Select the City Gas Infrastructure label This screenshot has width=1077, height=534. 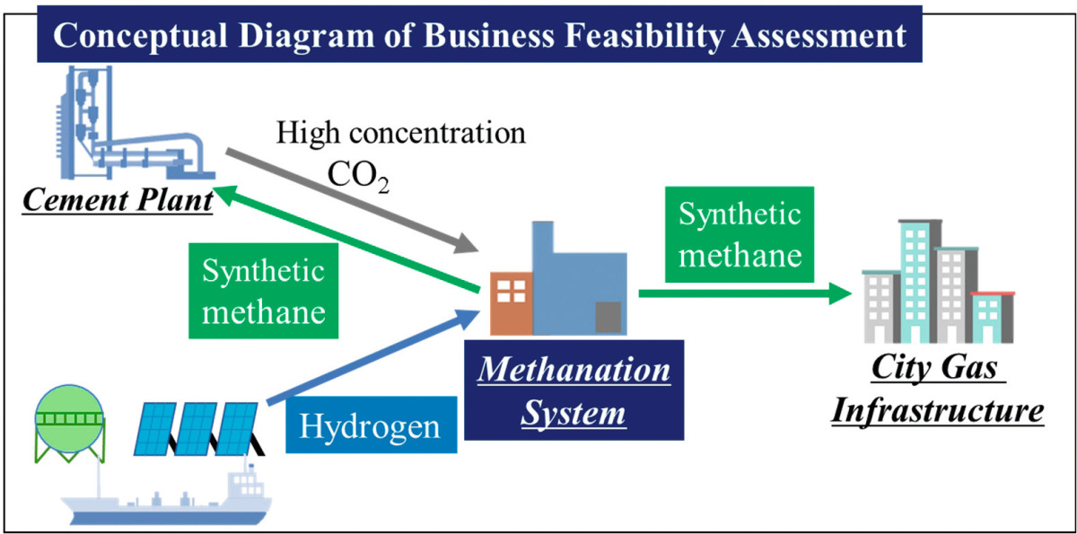coord(938,391)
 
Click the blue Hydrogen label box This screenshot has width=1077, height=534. coord(370,425)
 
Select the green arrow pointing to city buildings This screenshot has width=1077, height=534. coord(745,293)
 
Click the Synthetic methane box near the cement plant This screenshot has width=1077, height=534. coord(262,291)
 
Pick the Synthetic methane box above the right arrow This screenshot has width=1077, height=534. coord(740,234)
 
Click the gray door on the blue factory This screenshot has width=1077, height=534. coord(608,317)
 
